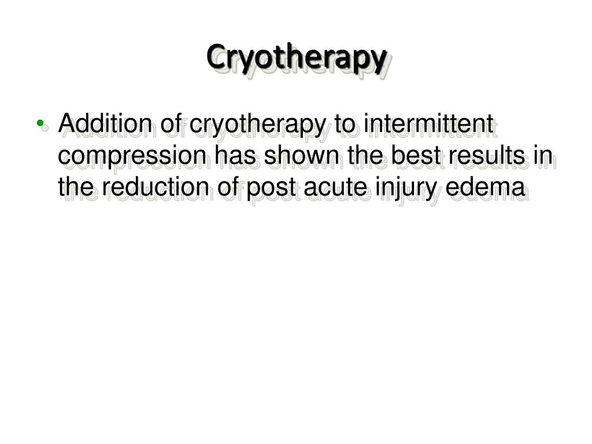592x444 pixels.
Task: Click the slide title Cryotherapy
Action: (296, 57)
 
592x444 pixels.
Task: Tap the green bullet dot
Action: (39, 123)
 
